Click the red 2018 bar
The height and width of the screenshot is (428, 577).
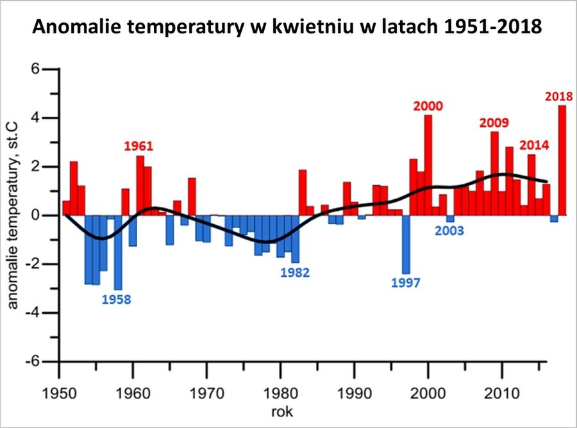click(562, 160)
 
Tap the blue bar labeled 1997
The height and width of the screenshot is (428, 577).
click(406, 244)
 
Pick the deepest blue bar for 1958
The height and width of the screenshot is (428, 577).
click(118, 252)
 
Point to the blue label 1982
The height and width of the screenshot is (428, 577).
click(295, 272)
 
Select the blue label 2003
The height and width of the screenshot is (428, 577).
click(451, 231)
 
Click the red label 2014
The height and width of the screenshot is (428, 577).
click(534, 144)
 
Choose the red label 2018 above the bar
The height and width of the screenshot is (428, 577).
click(559, 97)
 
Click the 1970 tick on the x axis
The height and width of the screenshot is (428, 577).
click(206, 391)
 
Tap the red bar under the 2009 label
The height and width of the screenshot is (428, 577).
click(494, 173)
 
